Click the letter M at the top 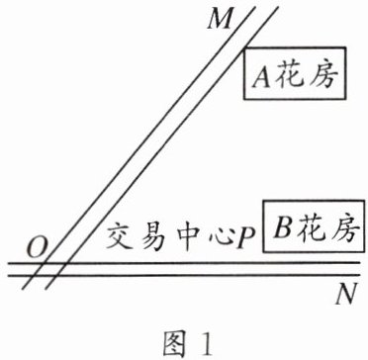coord(219,20)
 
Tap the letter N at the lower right coord(346,296)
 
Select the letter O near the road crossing coord(36,250)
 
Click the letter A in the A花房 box coord(261,77)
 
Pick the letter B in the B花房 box coord(282,226)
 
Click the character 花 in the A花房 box coord(289,77)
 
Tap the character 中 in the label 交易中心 coord(186,236)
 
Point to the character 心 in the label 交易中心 coord(218,237)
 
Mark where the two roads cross coord(50,269)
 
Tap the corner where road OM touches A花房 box coord(244,48)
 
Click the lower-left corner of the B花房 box coord(263,252)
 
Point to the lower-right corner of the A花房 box coord(345,99)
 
